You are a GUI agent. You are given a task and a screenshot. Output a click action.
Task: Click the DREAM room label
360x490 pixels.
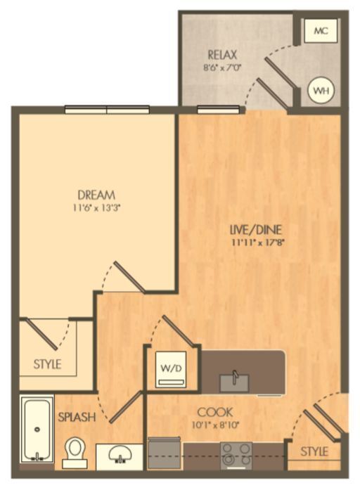click(x=96, y=195)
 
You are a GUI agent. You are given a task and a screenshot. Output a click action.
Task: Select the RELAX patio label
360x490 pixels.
click(x=222, y=54)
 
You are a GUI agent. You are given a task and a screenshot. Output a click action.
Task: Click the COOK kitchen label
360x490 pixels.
click(x=214, y=412)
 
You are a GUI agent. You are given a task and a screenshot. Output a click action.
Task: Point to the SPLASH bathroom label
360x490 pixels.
click(x=77, y=417)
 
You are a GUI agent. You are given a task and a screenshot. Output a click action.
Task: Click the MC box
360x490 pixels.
click(x=321, y=31)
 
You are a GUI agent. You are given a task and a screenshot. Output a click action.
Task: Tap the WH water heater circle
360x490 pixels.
click(x=321, y=91)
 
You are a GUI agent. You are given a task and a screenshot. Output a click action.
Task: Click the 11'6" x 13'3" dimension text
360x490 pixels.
click(x=96, y=207)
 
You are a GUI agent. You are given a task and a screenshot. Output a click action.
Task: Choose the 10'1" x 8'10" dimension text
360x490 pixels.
click(x=214, y=425)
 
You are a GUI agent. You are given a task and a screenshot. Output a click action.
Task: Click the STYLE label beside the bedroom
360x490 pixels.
click(x=47, y=364)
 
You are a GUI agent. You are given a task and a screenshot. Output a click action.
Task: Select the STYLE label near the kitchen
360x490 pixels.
click(x=314, y=451)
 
